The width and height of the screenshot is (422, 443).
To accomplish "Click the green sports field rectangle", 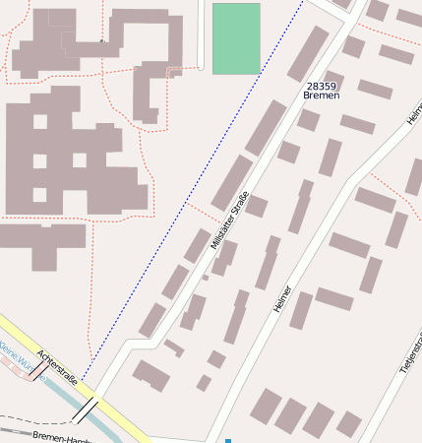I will tap(236, 38).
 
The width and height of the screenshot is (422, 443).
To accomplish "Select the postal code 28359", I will tap(322, 86).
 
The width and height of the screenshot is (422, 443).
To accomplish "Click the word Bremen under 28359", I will tap(322, 95).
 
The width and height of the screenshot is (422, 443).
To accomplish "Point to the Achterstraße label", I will tap(56, 366).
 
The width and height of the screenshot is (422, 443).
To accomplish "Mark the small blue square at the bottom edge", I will tap(228, 440).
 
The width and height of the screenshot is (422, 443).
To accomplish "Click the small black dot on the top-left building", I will tap(101, 41).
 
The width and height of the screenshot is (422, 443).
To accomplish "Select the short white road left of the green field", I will tap(203, 34).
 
